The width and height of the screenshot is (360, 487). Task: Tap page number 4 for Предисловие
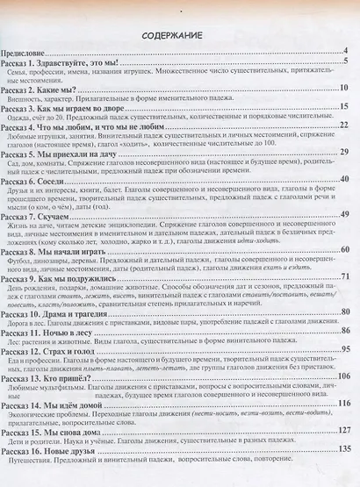click(x=347, y=52)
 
